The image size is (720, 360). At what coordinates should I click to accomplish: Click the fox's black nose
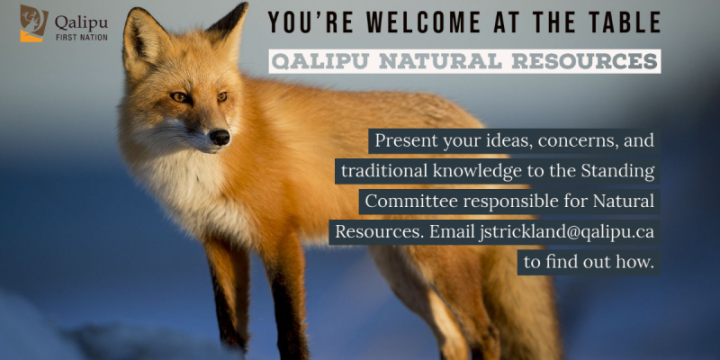click(220, 137)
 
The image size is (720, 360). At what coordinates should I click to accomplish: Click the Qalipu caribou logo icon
click(34, 23)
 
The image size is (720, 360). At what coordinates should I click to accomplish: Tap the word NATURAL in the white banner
click(436, 61)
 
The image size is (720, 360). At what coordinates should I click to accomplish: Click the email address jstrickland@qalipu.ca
click(566, 232)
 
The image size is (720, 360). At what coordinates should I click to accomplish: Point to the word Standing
click(617, 171)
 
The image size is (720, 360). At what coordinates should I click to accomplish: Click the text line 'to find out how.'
click(589, 262)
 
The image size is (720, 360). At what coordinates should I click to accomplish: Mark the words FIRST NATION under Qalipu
click(82, 37)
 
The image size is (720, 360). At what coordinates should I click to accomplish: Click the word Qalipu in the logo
click(82, 22)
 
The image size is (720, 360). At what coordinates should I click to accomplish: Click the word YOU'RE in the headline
click(298, 22)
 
